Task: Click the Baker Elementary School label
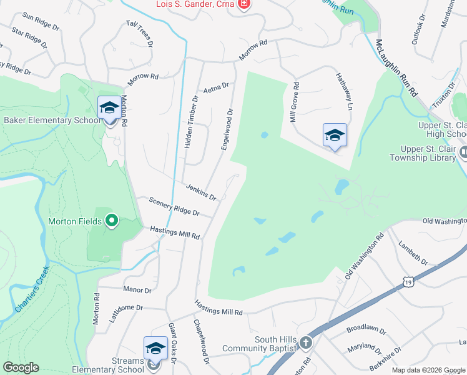click(51, 120)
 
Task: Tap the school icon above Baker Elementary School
click(109, 107)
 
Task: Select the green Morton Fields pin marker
click(112, 220)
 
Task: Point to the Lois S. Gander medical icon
click(244, 5)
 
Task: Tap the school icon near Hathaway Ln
click(335, 135)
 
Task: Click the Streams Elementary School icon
click(155, 347)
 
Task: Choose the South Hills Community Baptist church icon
click(305, 342)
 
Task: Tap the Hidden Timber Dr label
click(190, 122)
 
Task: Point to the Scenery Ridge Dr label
click(174, 207)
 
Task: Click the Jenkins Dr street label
click(201, 192)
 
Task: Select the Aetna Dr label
click(217, 86)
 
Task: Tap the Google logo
click(21, 367)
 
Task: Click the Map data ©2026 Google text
click(428, 370)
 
